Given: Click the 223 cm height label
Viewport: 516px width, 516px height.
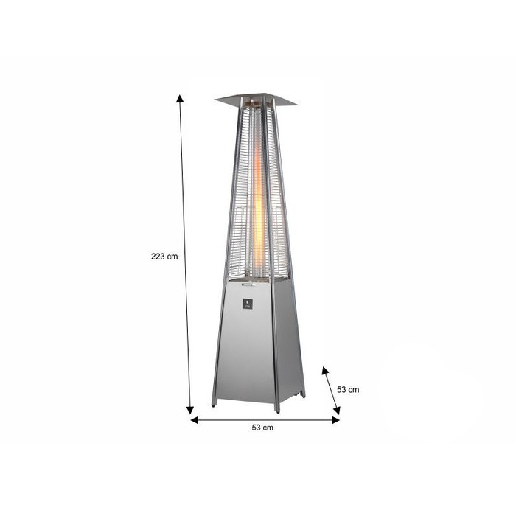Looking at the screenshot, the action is tap(164, 257).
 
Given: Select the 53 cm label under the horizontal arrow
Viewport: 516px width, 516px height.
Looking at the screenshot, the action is tap(262, 428).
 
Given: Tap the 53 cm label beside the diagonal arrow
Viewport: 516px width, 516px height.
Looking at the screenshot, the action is tap(348, 390).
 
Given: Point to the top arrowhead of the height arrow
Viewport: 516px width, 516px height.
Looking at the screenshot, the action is tap(180, 98).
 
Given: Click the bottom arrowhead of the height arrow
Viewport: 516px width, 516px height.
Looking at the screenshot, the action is tap(190, 410).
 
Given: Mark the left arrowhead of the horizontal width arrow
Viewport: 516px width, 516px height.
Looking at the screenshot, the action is tap(195, 420).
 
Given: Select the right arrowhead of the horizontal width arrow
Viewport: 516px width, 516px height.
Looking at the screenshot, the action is tap(335, 420).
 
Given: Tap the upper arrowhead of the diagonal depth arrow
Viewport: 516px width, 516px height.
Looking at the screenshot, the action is tap(325, 371).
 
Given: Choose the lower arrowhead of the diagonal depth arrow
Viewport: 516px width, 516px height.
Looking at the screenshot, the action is tap(336, 411).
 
